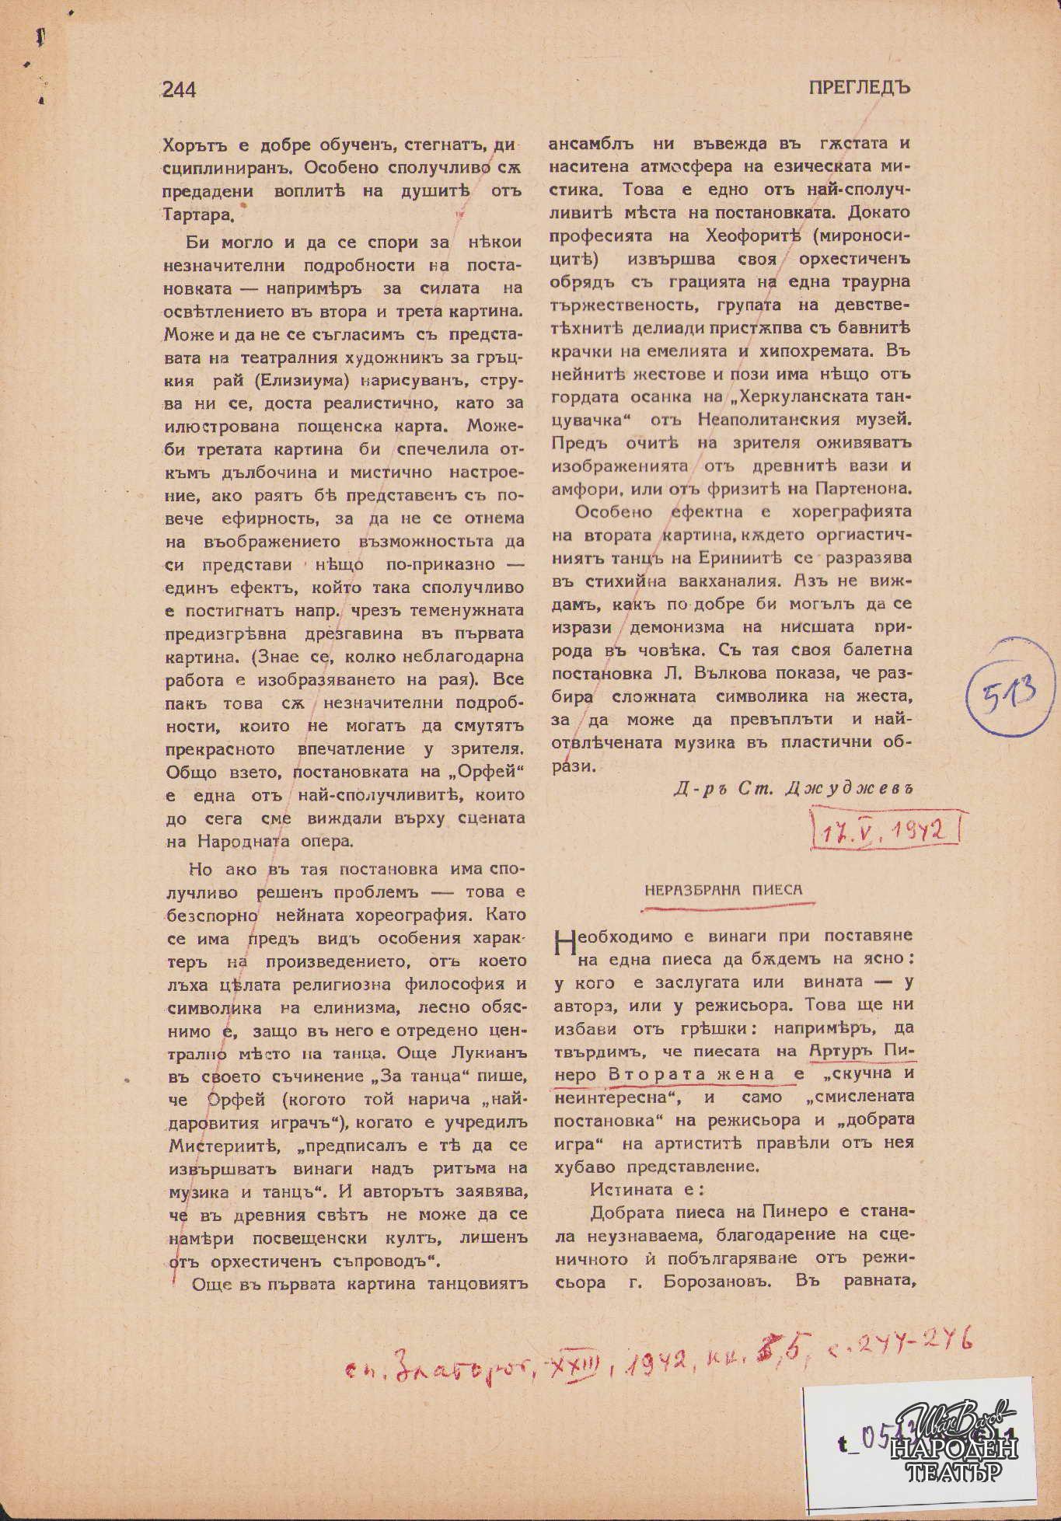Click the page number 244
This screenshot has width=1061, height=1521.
[x=180, y=90]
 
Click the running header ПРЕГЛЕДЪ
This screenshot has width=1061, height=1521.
[x=860, y=88]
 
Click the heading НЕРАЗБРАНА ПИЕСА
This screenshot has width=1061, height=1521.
[x=723, y=890]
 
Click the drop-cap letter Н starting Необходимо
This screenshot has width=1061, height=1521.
[x=566, y=944]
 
